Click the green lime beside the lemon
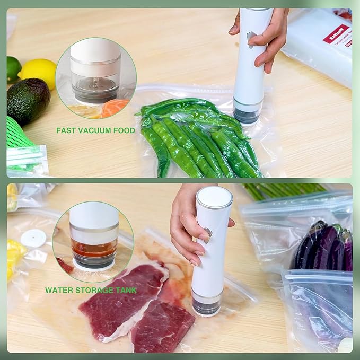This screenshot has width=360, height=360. [x=13, y=69]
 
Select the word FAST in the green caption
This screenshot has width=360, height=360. [x=67, y=130]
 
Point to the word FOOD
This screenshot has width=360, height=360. [x=124, y=130]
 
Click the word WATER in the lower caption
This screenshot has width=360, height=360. [x=57, y=290]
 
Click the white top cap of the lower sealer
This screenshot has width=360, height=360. [x=214, y=196]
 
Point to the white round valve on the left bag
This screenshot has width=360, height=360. [x=33, y=239]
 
